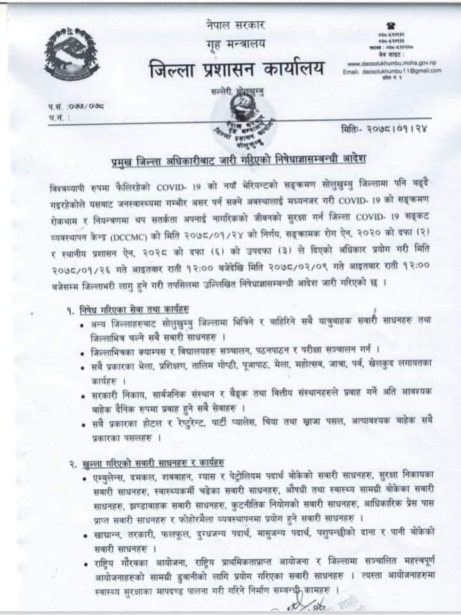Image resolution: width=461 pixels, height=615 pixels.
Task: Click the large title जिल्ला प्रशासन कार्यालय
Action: pos(237,68)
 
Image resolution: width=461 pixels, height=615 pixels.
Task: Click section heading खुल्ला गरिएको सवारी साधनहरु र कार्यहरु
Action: pos(153,464)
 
